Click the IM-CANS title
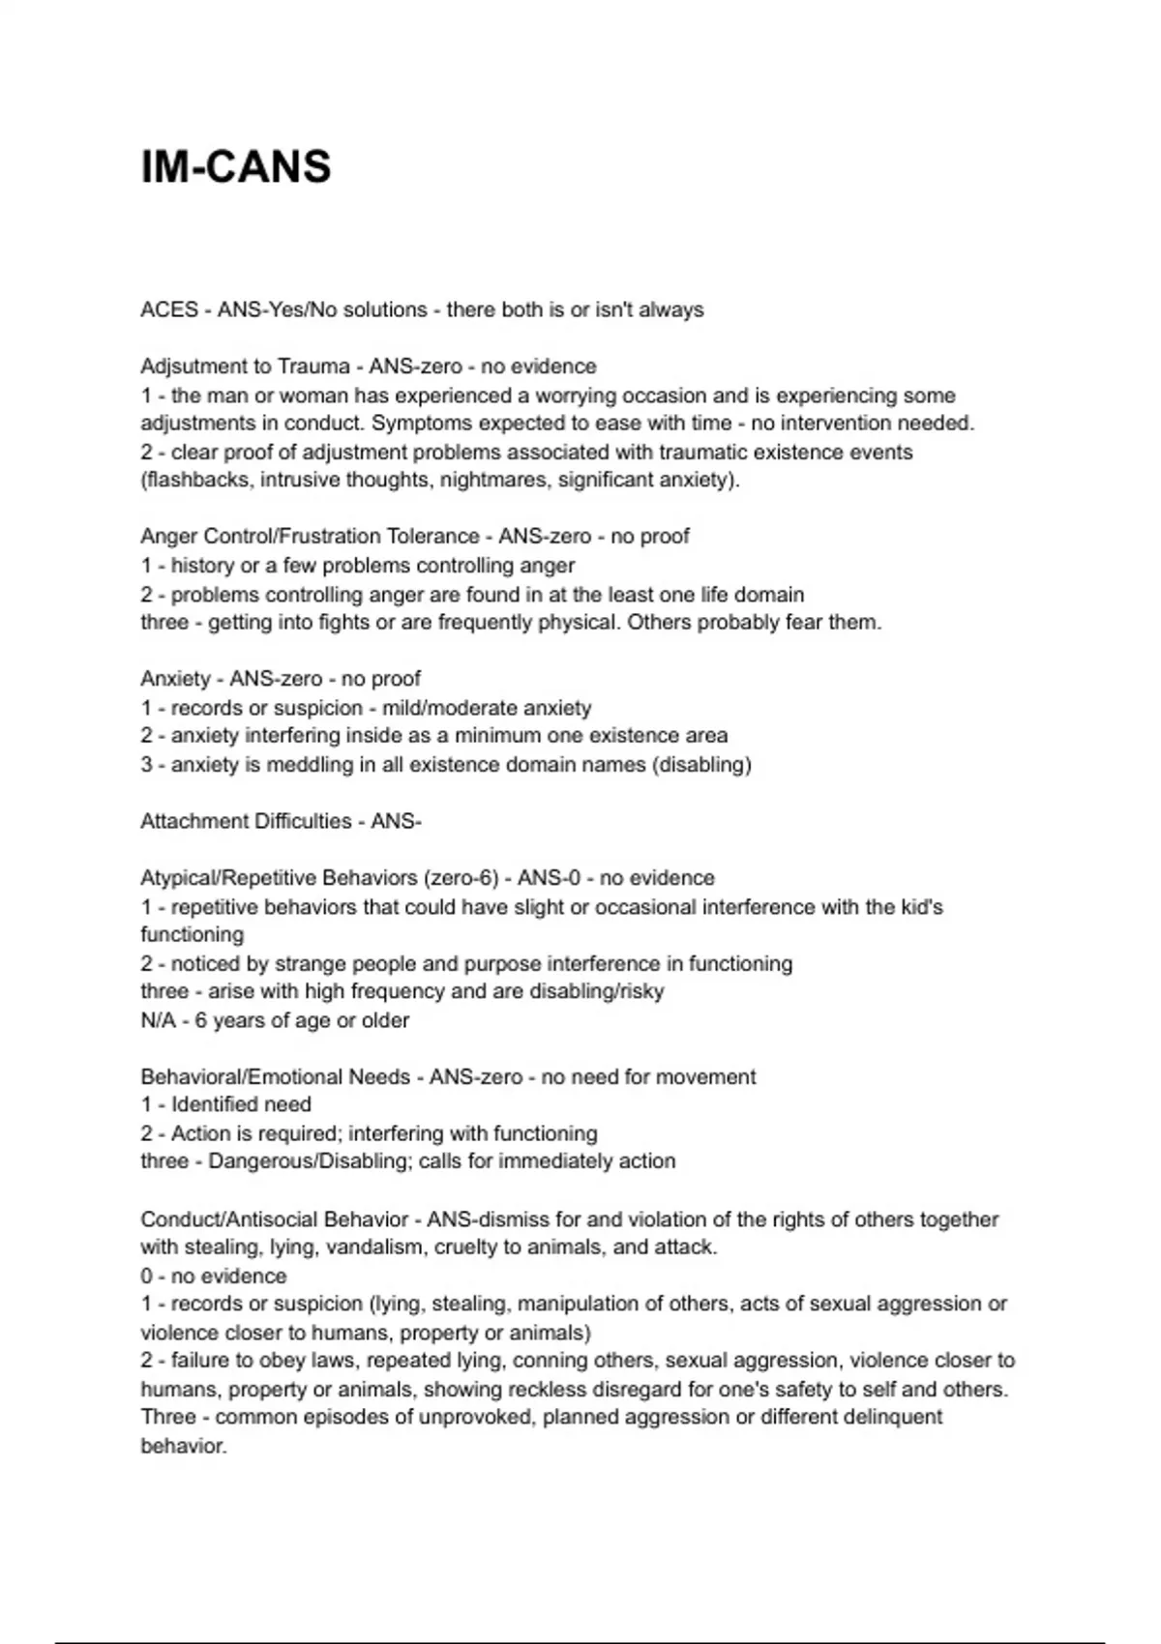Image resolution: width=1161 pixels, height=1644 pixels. [x=236, y=166]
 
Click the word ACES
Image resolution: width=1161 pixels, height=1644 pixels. [x=169, y=309]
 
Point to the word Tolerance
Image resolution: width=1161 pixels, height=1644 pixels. [x=432, y=536]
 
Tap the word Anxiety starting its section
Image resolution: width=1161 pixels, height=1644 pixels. [x=175, y=679]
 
